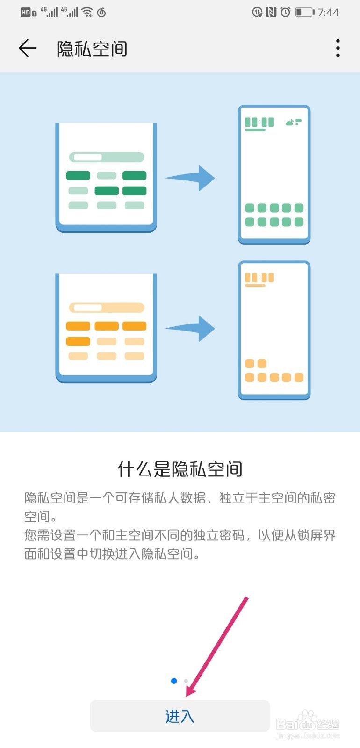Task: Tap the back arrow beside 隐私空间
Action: coord(27,48)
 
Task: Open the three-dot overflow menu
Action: coord(338,48)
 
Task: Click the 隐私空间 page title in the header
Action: coord(92,49)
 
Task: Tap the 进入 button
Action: coord(180,716)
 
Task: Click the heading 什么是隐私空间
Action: coord(180,469)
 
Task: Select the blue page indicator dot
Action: coord(174,681)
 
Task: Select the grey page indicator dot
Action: coord(186,681)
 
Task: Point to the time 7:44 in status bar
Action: coord(328,13)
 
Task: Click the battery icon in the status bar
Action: coord(304,12)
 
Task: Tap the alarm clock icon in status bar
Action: coord(285,12)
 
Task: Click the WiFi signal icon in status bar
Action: coord(87,12)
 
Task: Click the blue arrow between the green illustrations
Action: coord(191,178)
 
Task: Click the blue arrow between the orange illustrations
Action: coord(191,328)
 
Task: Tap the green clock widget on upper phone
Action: coord(259,123)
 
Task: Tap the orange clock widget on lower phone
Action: coord(259,278)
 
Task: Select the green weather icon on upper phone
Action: coord(293,122)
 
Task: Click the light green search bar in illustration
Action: coord(107,157)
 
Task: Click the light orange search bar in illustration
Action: coord(107,308)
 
